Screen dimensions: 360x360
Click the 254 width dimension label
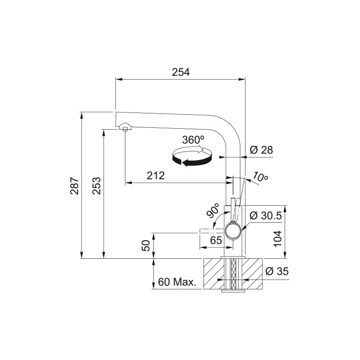click(x=181, y=72)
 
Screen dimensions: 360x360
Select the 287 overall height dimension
click(x=75, y=185)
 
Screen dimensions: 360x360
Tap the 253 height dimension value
click(x=97, y=185)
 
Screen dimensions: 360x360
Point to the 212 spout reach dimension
click(x=156, y=175)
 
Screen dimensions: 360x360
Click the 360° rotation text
click(x=193, y=140)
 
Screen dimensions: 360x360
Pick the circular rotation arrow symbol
click(x=192, y=157)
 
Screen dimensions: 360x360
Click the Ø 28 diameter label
click(x=261, y=150)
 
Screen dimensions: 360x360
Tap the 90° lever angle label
click(x=212, y=210)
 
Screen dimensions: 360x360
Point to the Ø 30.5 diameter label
click(x=265, y=216)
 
